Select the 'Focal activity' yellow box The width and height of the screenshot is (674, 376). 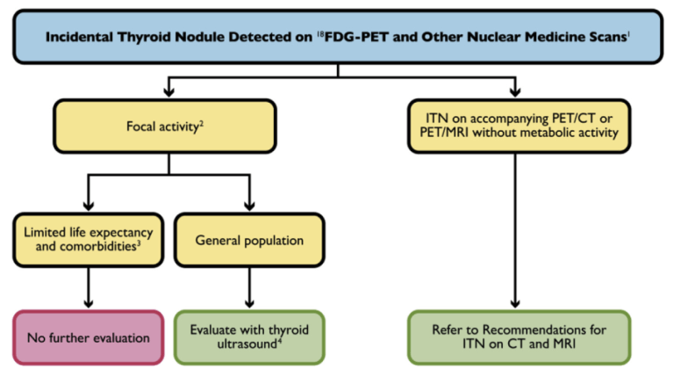(166, 127)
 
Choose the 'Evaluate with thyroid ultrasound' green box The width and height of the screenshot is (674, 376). (249, 336)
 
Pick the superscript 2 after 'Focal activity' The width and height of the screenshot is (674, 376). (202, 123)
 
